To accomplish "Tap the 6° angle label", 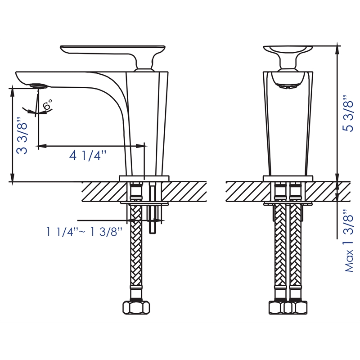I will click(x=47, y=106).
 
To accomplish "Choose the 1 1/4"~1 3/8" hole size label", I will click(x=84, y=232).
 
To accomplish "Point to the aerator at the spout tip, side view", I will click(x=38, y=85).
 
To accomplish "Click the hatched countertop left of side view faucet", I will click(x=99, y=192).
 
